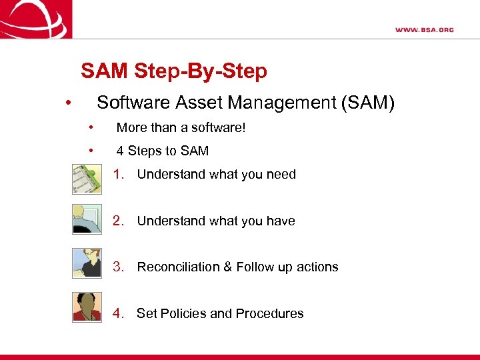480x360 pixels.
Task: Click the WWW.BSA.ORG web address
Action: (x=424, y=29)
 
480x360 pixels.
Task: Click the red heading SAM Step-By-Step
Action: (x=173, y=71)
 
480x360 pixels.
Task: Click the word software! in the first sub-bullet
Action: (x=219, y=127)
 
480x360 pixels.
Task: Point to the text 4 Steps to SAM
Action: (x=162, y=151)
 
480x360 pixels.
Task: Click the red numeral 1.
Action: (x=119, y=175)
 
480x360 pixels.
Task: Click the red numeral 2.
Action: (x=119, y=221)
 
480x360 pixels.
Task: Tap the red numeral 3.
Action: (x=119, y=267)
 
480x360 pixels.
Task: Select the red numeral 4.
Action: (x=119, y=313)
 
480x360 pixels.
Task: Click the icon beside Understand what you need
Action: (x=87, y=178)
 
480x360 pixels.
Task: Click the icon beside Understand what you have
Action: (x=87, y=219)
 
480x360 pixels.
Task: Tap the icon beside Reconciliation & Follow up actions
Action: (x=87, y=262)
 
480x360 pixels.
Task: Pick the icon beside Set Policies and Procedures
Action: (x=87, y=307)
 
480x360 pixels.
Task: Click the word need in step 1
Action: (x=281, y=175)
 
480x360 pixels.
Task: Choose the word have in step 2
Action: (x=281, y=221)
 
